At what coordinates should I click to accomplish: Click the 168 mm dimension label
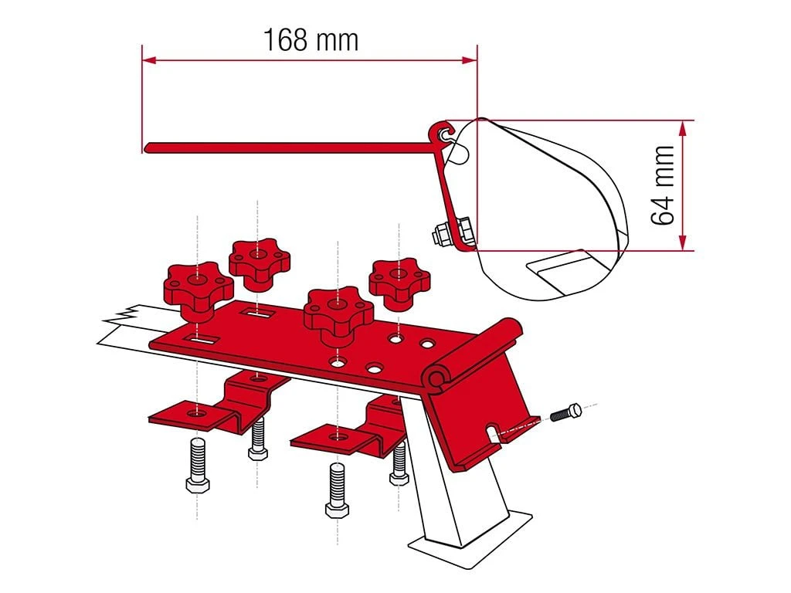click(311, 39)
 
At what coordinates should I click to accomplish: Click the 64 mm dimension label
click(664, 185)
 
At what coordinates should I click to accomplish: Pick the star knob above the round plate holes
click(338, 312)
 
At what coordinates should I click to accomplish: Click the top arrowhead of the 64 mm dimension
click(682, 126)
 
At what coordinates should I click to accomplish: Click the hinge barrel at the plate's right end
click(438, 378)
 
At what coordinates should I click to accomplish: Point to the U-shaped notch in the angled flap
click(493, 429)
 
